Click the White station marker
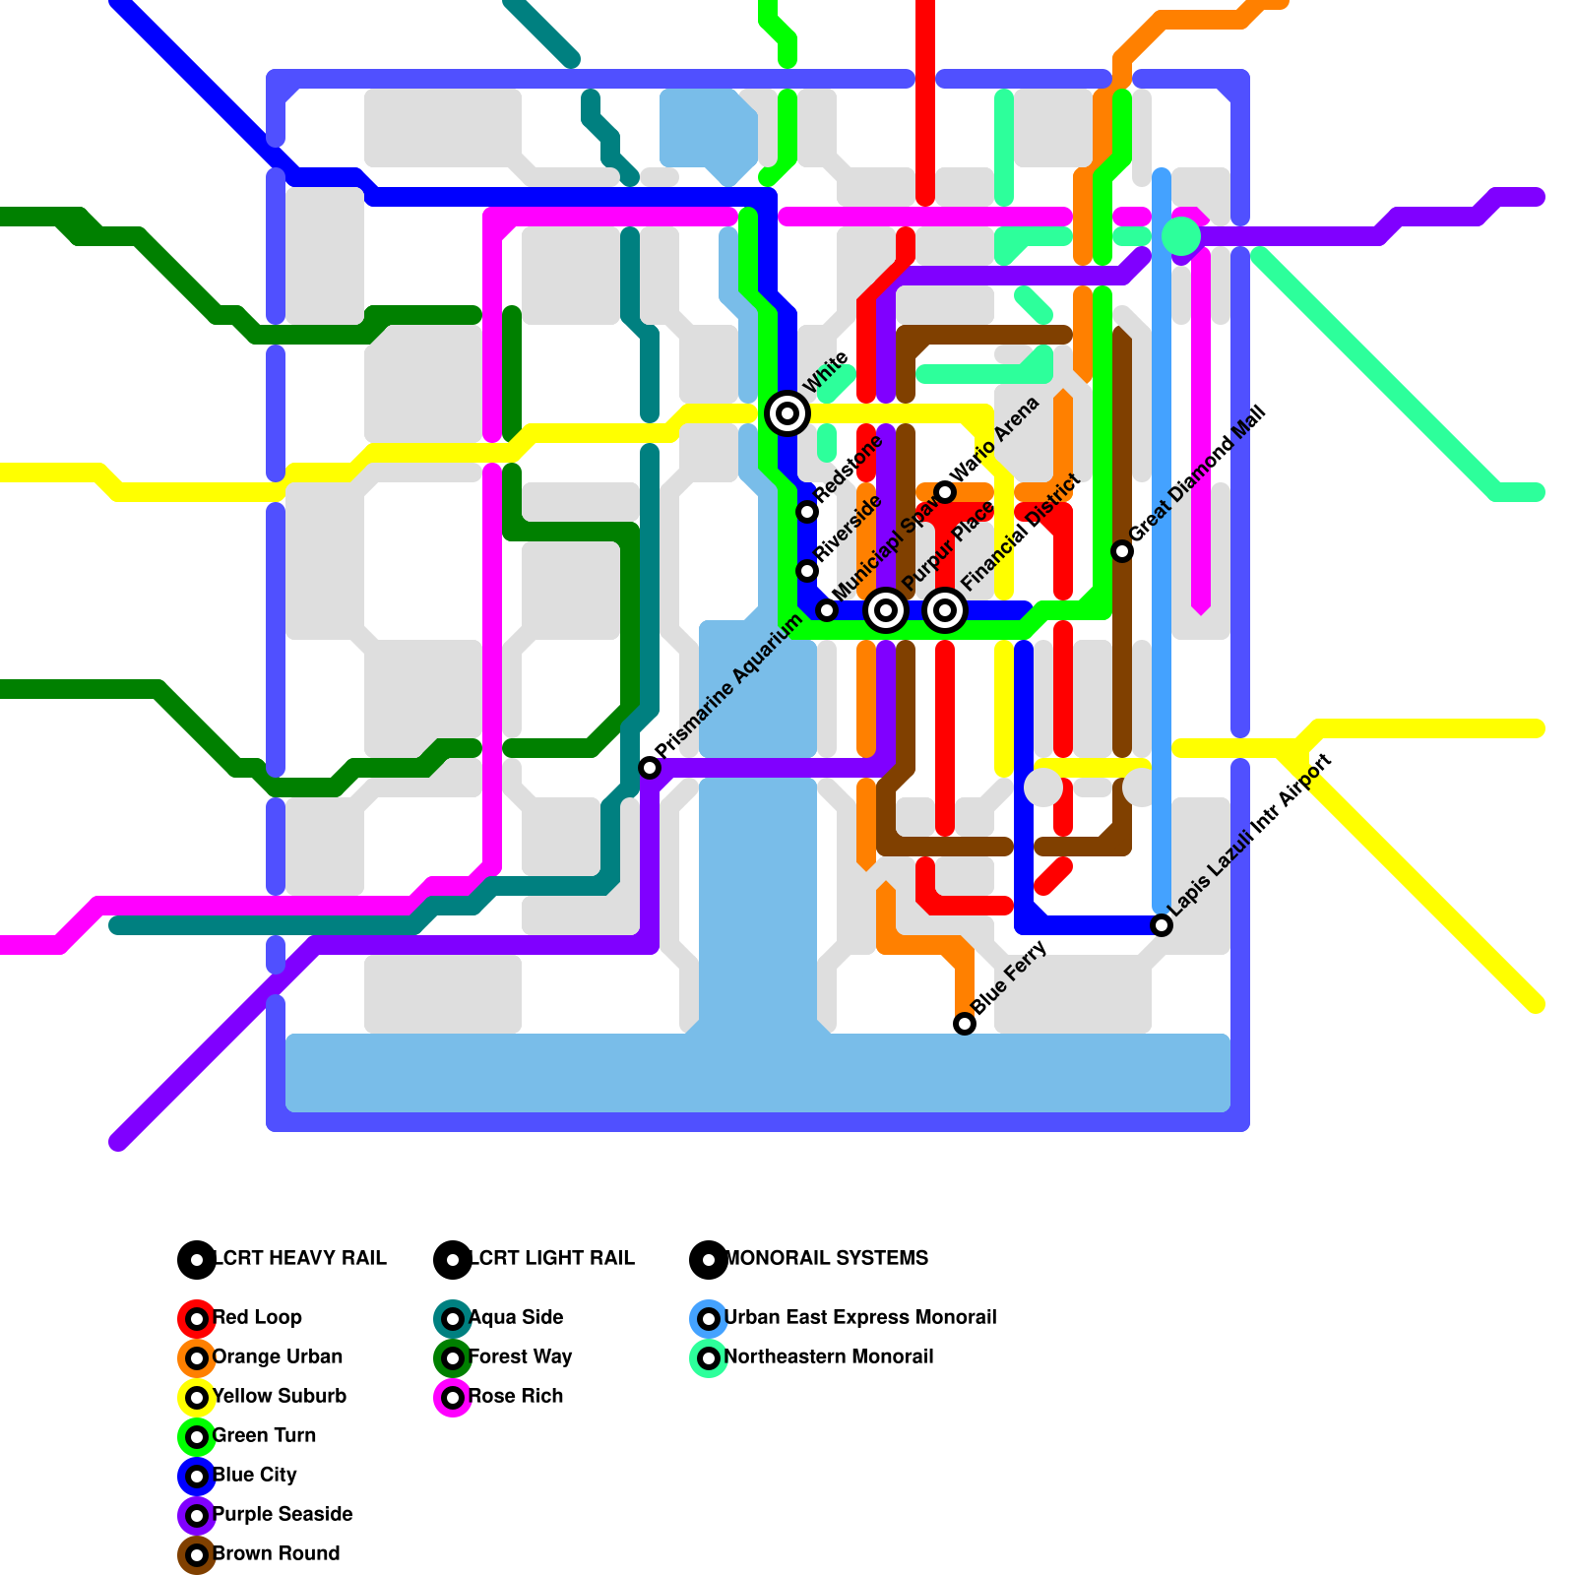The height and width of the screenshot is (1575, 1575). coord(787,413)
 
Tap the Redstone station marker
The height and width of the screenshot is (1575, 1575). coord(807,511)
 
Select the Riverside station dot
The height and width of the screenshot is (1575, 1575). coord(807,571)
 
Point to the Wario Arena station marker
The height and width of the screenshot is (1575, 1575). coord(945,492)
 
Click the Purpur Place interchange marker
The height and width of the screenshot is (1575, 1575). coord(886,610)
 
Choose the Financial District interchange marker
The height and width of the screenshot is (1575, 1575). coord(945,610)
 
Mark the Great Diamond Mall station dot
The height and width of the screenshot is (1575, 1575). coord(1122,551)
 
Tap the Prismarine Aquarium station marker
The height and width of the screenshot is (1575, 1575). coord(650,768)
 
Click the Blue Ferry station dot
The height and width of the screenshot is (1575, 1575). coord(965,1024)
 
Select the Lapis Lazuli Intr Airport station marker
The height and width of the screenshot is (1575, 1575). coord(1162,925)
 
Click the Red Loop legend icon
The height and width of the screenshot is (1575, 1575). coord(197,1318)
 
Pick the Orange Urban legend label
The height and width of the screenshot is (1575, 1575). coord(278,1356)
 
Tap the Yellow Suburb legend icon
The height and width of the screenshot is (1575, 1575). coord(197,1397)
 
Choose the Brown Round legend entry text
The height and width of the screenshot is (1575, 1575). coord(277,1553)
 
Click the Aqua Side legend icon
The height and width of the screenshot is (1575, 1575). coord(453,1318)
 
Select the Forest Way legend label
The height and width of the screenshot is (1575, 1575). coord(520,1356)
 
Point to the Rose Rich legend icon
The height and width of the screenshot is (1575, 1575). coord(453,1397)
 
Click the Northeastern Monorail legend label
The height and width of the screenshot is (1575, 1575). coord(829,1356)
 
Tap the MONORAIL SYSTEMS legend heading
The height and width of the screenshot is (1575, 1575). coord(826,1258)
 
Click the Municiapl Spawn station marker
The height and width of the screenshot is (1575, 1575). coord(827,610)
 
